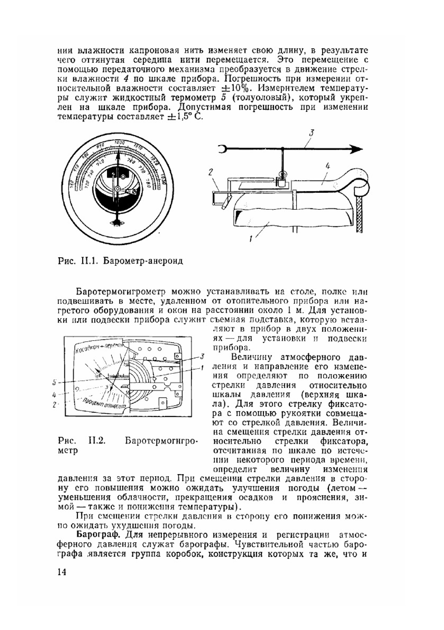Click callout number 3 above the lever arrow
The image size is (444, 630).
click(x=312, y=133)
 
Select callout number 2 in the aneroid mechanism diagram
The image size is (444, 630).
click(x=210, y=173)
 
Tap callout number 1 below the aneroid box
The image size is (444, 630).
click(x=251, y=239)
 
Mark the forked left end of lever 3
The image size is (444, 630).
click(x=222, y=150)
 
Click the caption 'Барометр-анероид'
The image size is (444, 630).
click(x=143, y=261)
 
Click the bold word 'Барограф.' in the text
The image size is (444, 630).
click(x=94, y=534)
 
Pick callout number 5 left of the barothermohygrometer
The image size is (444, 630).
click(x=54, y=382)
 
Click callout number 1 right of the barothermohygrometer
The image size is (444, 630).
click(x=202, y=367)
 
